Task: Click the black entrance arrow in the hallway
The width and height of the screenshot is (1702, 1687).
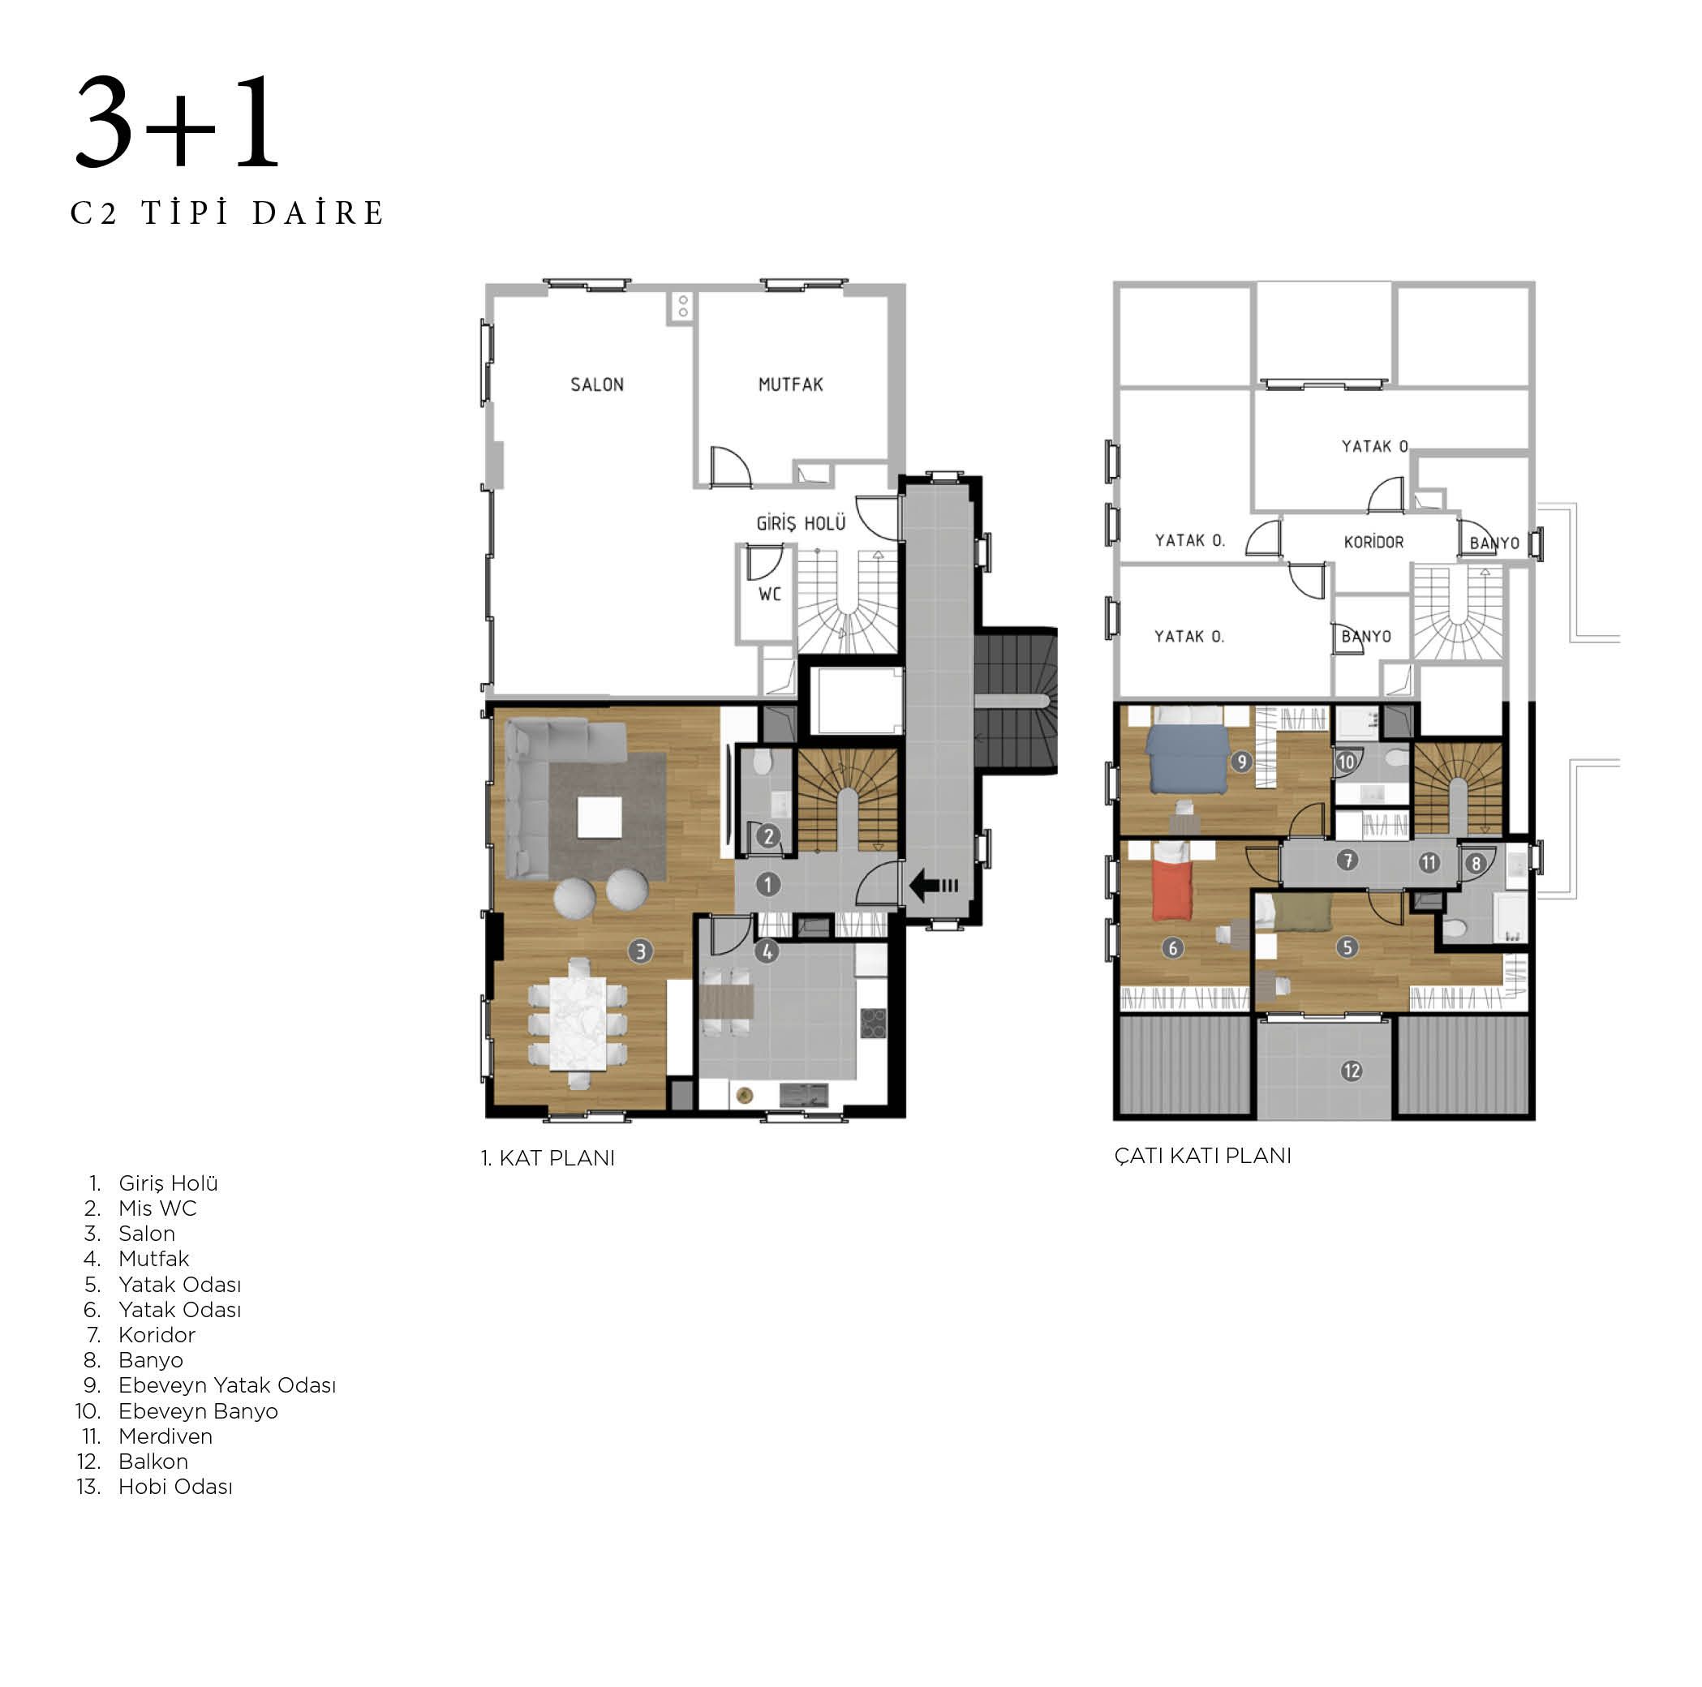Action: (933, 886)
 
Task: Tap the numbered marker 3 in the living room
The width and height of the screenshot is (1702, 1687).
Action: (640, 951)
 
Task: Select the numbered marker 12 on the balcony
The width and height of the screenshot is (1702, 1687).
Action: (1352, 1071)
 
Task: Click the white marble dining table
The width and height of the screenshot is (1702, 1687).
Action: (578, 1024)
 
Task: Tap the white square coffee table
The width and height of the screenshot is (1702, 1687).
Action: (599, 817)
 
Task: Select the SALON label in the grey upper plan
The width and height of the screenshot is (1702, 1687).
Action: (597, 385)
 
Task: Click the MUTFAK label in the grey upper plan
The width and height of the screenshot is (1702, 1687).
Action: (791, 385)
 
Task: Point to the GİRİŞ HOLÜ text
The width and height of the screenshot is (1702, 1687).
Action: (801, 523)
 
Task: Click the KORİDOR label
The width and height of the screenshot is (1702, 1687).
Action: (1373, 542)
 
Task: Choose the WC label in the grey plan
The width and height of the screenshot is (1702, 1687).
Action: (770, 595)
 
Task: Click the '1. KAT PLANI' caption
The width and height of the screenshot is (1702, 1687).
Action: (548, 1158)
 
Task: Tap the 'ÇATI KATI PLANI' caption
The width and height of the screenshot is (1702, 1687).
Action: (1202, 1156)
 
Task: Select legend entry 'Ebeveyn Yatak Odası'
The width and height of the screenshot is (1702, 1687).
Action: (227, 1386)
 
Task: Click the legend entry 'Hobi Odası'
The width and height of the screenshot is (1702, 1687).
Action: (175, 1487)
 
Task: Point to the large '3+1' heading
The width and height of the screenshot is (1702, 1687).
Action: (178, 122)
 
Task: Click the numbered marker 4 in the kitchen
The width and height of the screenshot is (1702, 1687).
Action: (767, 951)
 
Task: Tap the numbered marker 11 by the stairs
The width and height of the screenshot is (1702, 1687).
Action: (1429, 862)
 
